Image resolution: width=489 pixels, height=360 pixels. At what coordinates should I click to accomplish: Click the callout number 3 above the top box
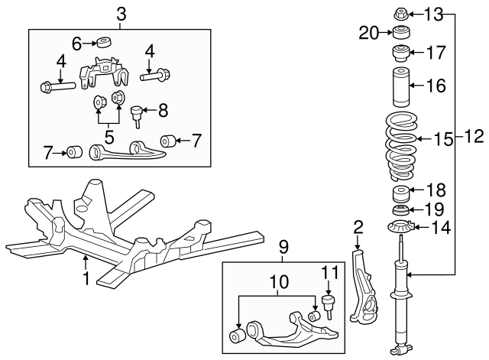121,15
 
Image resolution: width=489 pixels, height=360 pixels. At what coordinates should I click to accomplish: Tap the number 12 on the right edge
474,136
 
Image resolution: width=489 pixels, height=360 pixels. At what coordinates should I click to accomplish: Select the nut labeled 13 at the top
400,14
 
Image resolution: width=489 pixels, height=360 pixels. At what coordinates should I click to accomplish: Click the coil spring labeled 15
401,146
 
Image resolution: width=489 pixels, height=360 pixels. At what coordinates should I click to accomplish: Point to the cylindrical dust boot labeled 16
400,86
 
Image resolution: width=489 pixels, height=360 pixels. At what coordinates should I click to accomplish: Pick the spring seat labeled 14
400,228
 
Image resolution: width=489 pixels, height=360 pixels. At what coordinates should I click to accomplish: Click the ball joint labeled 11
328,304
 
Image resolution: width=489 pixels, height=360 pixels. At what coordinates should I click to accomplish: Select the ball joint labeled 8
136,115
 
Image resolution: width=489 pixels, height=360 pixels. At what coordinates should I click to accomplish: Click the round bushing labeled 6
104,43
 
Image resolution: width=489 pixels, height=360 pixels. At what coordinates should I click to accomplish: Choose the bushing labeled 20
400,32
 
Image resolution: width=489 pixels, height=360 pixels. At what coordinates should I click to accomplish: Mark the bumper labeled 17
400,54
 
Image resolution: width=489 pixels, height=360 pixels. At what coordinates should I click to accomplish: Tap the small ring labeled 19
400,210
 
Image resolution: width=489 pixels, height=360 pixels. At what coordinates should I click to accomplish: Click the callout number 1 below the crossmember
86,278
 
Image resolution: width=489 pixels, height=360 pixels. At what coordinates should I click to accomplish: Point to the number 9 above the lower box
283,247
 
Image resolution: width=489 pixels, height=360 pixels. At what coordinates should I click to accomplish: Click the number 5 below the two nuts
109,137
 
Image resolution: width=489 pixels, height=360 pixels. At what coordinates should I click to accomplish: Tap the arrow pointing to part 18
416,190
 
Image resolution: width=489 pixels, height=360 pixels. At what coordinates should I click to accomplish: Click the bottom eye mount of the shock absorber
400,349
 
